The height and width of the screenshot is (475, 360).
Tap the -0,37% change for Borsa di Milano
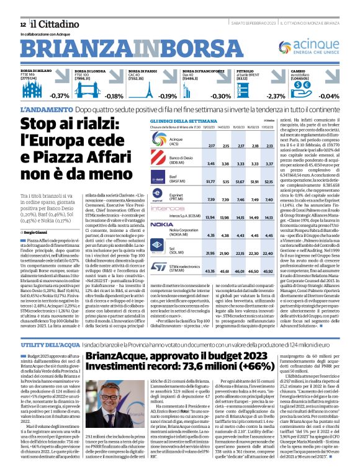pos(59,97)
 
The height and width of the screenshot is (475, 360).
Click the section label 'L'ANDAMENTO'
pos(46,110)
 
